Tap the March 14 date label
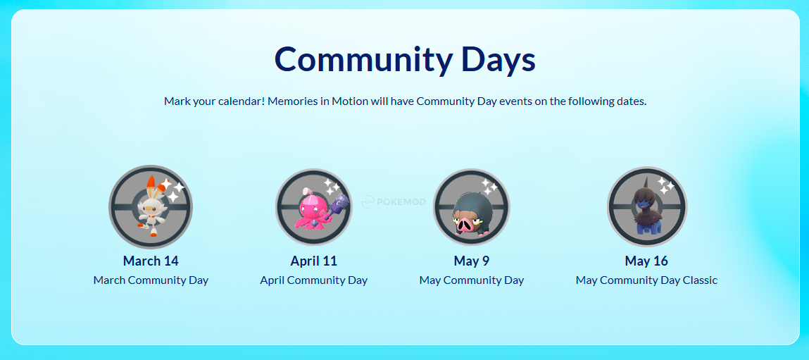pyautogui.click(x=151, y=261)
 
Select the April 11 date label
pyautogui.click(x=313, y=261)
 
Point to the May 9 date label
pyautogui.click(x=471, y=261)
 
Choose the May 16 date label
pyautogui.click(x=646, y=261)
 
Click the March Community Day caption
pyautogui.click(x=151, y=280)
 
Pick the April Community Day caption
pyautogui.click(x=313, y=280)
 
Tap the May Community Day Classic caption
pyautogui.click(x=646, y=280)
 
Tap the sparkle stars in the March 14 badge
pyautogui.click(x=172, y=189)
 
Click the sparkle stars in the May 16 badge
pyautogui.click(x=666, y=186)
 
